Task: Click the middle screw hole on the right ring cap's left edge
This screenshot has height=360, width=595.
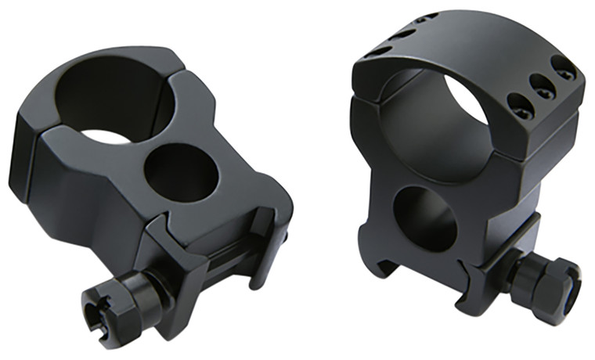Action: click(401, 32)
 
